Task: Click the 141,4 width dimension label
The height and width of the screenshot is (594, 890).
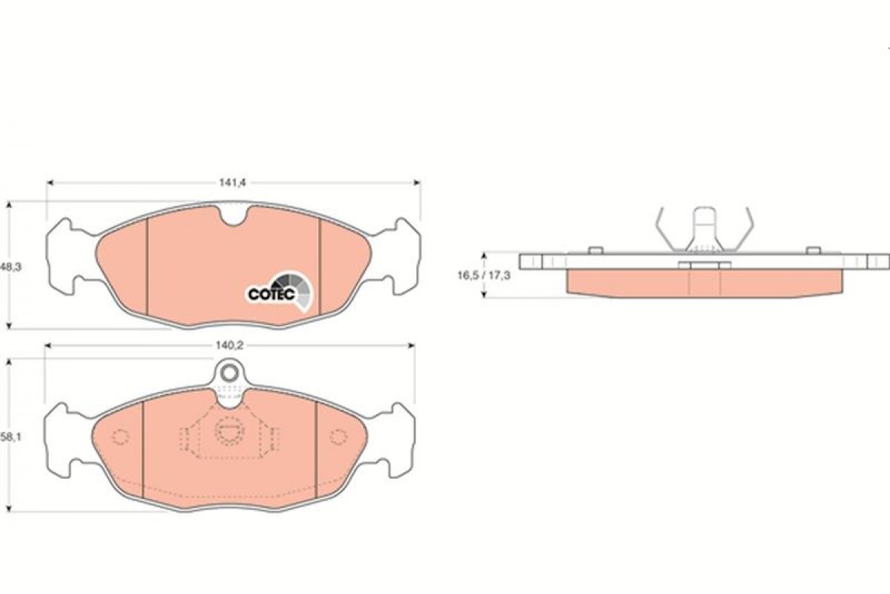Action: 233,183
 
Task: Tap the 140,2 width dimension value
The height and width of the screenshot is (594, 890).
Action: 229,346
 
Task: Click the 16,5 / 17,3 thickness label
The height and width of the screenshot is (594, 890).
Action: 484,275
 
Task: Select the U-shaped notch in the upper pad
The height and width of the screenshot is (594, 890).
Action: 233,217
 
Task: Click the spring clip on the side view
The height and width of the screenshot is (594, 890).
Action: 704,230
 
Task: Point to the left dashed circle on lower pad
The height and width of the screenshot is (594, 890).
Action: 120,437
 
